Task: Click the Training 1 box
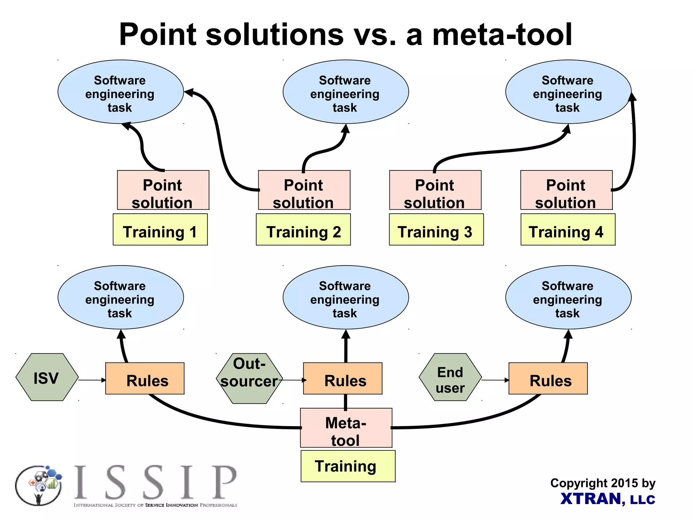pyautogui.click(x=160, y=229)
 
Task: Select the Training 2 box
pyautogui.click(x=303, y=229)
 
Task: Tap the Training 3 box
pyautogui.click(x=436, y=229)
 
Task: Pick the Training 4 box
pyautogui.click(x=568, y=229)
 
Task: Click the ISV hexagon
pyautogui.click(x=47, y=377)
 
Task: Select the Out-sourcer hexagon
pyautogui.click(x=249, y=378)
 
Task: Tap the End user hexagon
pyautogui.click(x=450, y=377)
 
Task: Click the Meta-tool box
pyautogui.click(x=346, y=428)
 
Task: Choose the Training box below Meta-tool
pyautogui.click(x=348, y=466)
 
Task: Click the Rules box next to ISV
pyautogui.click(x=145, y=379)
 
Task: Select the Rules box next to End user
pyautogui.click(x=548, y=379)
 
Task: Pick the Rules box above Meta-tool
pyautogui.click(x=343, y=379)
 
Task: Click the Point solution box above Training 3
pyautogui.click(x=435, y=190)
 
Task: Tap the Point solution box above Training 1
pyautogui.click(x=163, y=190)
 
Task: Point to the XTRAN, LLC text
pyautogui.click(x=607, y=499)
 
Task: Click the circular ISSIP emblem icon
pyautogui.click(x=39, y=485)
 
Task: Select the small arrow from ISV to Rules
pyautogui.click(x=92, y=380)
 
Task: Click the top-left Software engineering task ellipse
pyautogui.click(x=120, y=92)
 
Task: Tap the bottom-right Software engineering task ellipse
pyautogui.click(x=568, y=297)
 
